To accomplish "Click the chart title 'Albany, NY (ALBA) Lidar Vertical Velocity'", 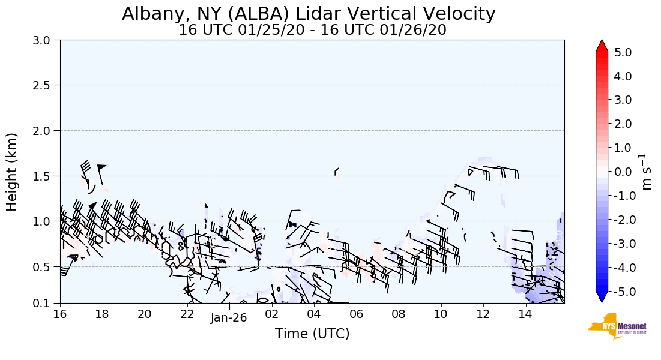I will coord(309,14).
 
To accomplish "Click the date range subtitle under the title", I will coord(312,30).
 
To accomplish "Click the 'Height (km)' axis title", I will coord(13,172).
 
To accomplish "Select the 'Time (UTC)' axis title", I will coord(312,334).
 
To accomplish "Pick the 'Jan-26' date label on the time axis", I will coord(229,319).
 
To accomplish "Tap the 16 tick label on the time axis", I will coord(60,314).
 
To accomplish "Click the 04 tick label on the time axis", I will coord(314,314).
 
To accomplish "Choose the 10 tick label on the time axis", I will coord(441,314).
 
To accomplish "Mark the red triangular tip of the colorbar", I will coord(602,46).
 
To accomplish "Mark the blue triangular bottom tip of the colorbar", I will coord(602,297).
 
